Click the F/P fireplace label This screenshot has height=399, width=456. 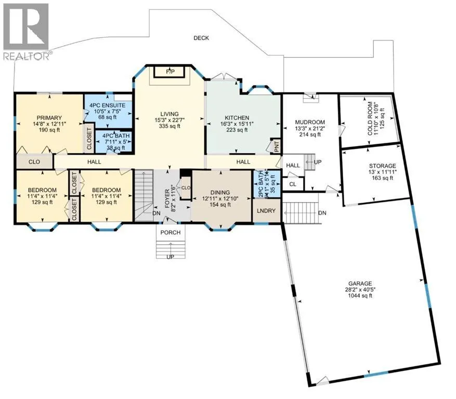(x=170, y=72)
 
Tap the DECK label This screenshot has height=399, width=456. (x=201, y=38)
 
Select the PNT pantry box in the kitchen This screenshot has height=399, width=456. (x=277, y=146)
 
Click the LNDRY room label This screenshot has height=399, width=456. (x=266, y=211)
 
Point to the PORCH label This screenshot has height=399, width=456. (x=171, y=232)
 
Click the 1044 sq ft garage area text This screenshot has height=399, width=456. (x=360, y=296)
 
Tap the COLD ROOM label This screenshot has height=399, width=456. (x=370, y=118)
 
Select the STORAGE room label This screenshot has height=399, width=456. (x=382, y=166)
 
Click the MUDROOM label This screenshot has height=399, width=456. (x=310, y=122)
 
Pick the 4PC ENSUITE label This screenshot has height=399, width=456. (x=107, y=105)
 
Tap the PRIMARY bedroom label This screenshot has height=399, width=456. (x=49, y=118)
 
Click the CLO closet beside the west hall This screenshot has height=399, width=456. (x=34, y=162)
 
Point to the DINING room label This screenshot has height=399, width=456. (x=220, y=193)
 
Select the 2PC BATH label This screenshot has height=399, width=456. (x=260, y=184)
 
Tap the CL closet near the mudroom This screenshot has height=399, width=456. (x=293, y=184)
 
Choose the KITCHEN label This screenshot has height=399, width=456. (x=237, y=118)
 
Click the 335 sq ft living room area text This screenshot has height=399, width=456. (x=170, y=126)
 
